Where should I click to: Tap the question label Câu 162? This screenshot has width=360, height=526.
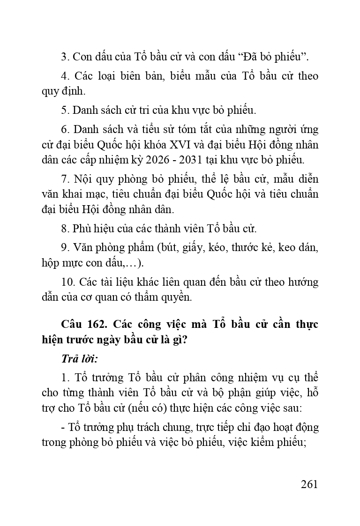tap(83, 325)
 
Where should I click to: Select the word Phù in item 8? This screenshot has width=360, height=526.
tap(81, 229)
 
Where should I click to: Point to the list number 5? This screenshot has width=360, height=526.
tap(65, 111)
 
